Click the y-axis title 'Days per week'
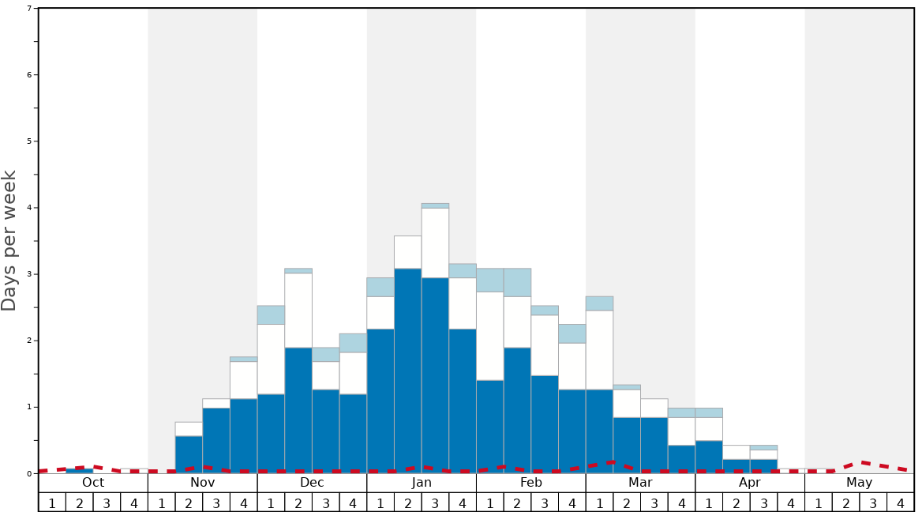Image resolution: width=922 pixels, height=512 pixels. (x=9, y=240)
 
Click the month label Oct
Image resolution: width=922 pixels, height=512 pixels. (x=93, y=483)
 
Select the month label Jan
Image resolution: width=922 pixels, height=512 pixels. (x=422, y=483)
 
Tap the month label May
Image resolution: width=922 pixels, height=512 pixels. (x=860, y=483)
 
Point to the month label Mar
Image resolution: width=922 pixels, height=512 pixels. (x=640, y=483)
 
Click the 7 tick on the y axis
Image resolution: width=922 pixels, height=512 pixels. (x=29, y=9)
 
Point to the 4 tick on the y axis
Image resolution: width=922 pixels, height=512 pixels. (x=29, y=208)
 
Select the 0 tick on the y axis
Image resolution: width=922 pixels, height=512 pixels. (x=29, y=474)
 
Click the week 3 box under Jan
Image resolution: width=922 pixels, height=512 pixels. (x=435, y=503)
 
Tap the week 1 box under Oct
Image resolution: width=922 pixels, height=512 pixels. (x=52, y=503)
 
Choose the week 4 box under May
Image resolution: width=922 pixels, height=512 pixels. (x=901, y=503)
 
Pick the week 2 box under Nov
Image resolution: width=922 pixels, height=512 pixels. (x=189, y=503)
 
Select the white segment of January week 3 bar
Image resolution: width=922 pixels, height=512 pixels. (x=435, y=243)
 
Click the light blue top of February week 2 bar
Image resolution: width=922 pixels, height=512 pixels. (x=517, y=282)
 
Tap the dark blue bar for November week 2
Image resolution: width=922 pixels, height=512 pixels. (x=189, y=454)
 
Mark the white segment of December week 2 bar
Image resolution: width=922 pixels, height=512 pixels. (x=298, y=310)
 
